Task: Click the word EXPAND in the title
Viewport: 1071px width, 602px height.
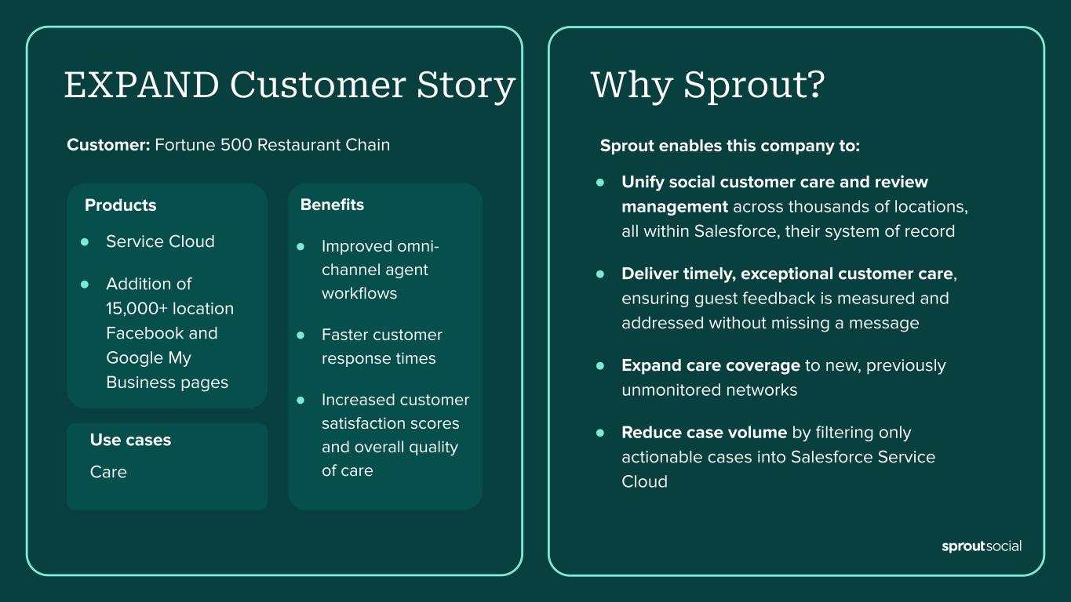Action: (x=141, y=85)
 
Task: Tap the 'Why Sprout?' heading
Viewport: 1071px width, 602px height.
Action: (x=707, y=85)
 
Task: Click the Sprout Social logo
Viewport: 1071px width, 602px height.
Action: (x=981, y=546)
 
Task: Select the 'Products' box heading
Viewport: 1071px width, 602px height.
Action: (x=120, y=205)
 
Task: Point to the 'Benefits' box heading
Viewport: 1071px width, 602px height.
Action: (x=332, y=205)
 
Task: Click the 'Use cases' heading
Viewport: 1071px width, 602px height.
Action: (x=130, y=440)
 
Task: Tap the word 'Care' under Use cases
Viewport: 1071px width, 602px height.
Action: (x=108, y=472)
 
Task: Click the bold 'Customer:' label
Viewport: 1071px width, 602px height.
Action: (x=108, y=145)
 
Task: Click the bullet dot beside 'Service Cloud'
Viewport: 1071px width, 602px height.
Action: (x=85, y=241)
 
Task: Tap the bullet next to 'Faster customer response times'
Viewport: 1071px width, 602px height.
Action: (x=301, y=335)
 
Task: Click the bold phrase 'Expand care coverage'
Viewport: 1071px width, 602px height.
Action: (x=711, y=365)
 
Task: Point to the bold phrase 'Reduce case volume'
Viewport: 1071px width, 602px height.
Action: (x=704, y=433)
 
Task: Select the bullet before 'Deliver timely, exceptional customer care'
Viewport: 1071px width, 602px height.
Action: (x=600, y=274)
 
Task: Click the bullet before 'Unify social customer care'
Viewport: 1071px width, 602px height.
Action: (x=600, y=182)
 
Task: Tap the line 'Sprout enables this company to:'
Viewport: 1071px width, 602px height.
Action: (x=730, y=146)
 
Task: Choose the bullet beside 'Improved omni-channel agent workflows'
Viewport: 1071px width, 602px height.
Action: (x=301, y=246)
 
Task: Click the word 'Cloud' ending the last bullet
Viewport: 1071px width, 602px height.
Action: (x=644, y=482)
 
